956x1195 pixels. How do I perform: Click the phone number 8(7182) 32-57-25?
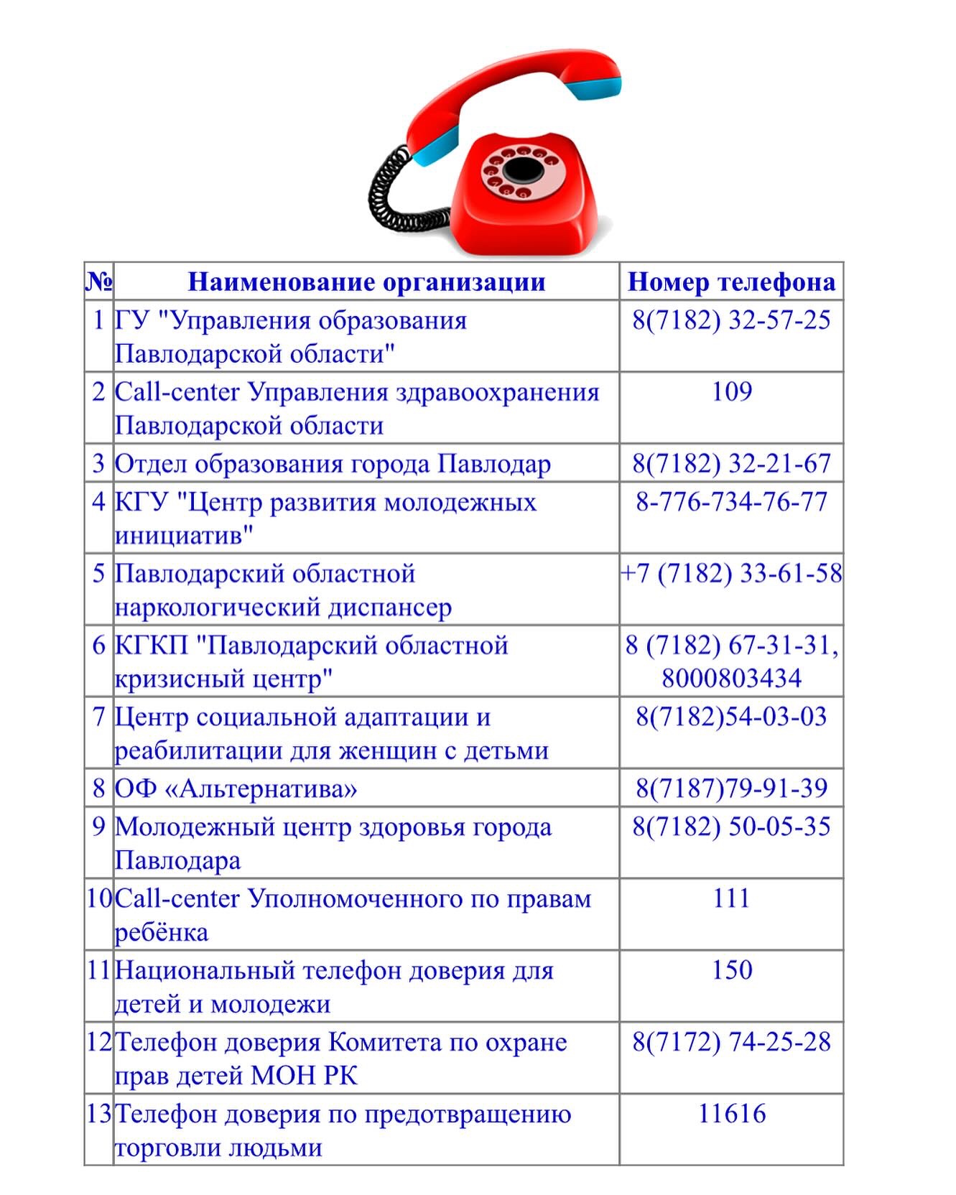731,320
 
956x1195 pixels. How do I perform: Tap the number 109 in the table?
731,391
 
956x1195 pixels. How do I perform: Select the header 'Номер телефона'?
731,282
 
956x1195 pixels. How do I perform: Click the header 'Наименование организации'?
366,282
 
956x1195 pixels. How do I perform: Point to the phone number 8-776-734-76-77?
731,501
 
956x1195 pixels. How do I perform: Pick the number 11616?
731,1114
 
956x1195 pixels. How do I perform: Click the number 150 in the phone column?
731,970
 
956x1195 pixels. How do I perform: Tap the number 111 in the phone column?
731,898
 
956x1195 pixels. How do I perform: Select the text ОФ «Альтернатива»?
236,789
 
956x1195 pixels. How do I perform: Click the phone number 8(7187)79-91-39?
731,789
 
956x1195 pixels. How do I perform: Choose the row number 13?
99,1114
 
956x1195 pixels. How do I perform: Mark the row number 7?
99,717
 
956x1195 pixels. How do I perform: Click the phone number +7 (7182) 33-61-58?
731,573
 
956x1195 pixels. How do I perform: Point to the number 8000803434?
731,679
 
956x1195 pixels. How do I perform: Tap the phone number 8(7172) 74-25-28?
731,1042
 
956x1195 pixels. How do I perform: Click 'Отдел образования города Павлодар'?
333,463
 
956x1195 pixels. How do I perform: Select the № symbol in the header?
99,282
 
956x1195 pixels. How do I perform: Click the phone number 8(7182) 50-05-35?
731,827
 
